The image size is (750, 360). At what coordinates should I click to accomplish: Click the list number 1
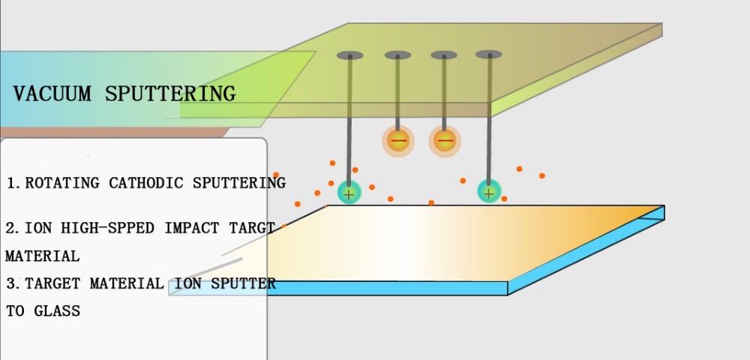(10, 183)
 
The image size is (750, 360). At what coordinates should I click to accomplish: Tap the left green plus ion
(349, 193)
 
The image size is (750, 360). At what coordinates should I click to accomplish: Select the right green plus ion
(489, 192)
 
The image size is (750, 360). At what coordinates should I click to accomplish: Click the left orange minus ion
(398, 140)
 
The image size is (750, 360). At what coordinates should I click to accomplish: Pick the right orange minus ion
(445, 140)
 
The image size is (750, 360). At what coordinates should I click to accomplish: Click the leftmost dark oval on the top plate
(349, 55)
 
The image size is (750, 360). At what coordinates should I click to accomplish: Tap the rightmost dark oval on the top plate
(489, 54)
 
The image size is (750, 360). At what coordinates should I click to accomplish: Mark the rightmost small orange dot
(542, 175)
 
